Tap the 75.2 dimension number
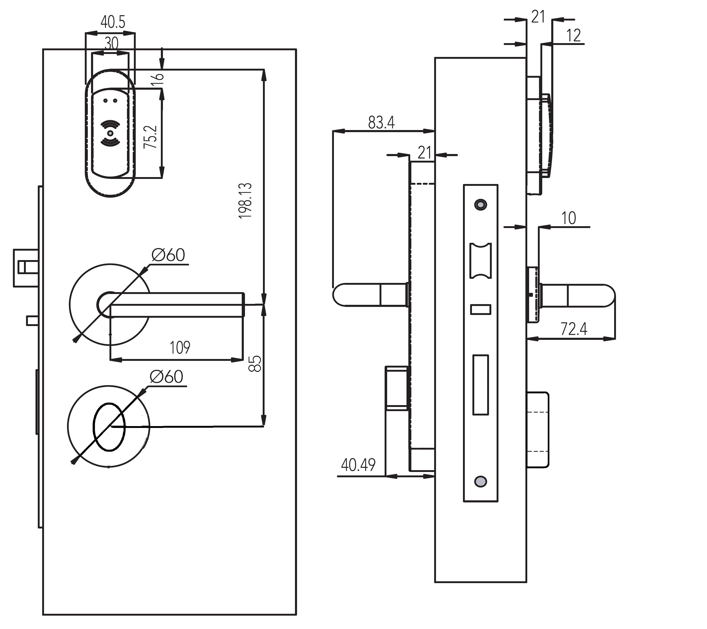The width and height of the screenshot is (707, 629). tap(151, 137)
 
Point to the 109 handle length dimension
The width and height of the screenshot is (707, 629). tap(180, 347)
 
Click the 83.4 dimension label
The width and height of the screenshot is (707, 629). tap(381, 122)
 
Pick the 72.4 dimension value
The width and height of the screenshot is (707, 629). tap(574, 329)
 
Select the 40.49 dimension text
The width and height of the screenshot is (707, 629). tap(358, 465)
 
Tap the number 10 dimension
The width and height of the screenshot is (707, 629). tap(568, 218)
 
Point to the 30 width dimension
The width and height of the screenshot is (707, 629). tap(111, 44)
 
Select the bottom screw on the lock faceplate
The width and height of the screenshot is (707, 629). tap(480, 481)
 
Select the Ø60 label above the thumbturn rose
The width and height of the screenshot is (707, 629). tap(166, 377)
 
